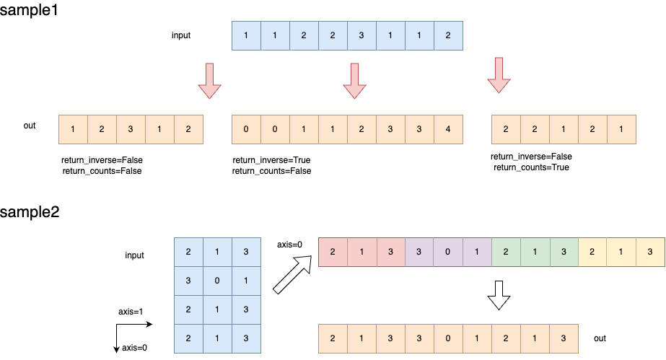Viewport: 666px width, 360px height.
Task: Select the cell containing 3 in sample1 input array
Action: coord(361,35)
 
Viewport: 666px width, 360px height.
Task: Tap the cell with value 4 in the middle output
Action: coord(447,129)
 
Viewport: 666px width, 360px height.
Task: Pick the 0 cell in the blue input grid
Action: coord(217,279)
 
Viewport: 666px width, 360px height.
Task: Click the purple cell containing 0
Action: coord(447,252)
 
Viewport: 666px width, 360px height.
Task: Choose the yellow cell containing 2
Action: coord(592,252)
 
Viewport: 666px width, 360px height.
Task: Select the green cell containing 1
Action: coord(534,252)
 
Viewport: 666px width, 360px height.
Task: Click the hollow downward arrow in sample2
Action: coord(499,295)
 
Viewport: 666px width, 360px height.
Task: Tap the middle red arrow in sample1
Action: coord(354,80)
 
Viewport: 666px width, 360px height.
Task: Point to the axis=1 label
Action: coord(132,312)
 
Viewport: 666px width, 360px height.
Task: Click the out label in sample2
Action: coord(600,337)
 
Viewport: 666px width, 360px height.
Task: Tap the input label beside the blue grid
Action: coord(134,255)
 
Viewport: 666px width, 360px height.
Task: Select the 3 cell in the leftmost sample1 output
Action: coord(131,129)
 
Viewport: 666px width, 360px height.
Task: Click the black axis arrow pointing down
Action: coord(116,340)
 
